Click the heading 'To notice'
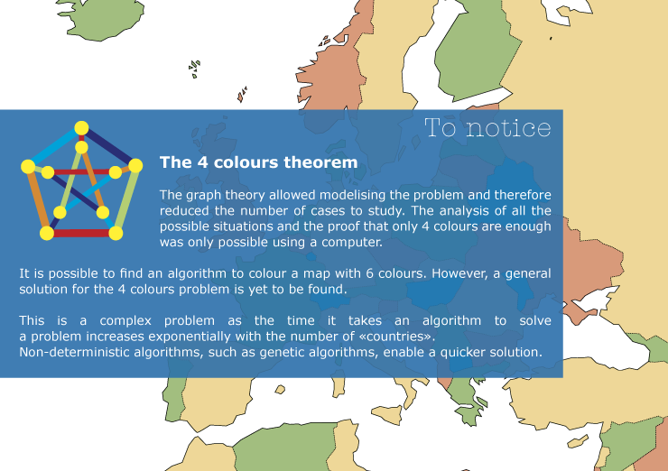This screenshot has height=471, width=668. point(487,128)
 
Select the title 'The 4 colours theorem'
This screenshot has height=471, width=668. point(258,162)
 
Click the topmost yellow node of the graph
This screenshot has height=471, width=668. point(81,128)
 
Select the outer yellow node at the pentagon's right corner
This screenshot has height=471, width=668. point(135,165)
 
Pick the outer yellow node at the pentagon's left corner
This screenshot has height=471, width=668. point(28,167)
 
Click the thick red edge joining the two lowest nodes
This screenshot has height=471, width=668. point(81,233)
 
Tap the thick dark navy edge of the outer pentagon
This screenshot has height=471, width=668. point(109,147)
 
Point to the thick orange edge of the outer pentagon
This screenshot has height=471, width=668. point(38,200)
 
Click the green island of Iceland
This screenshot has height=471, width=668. point(101,19)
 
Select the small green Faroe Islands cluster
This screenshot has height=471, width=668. point(194,69)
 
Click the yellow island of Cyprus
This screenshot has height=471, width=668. point(578,440)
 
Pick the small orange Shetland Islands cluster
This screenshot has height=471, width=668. point(242,95)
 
